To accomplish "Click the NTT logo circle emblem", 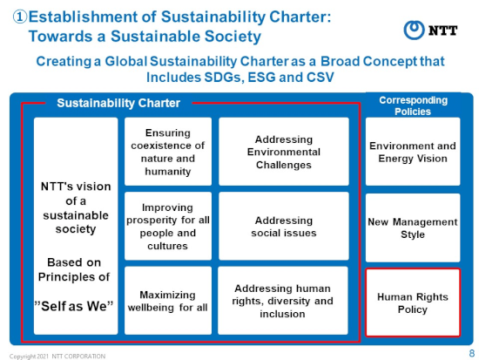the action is coord(414,30).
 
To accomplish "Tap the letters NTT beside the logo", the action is coord(442,31).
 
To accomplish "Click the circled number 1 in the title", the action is coord(20,17).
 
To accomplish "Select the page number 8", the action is coord(472,353).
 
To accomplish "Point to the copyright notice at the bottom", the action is coord(57,357).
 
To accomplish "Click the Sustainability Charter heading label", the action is coord(118,103).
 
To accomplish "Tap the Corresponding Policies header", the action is coord(413,105).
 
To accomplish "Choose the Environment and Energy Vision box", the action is coord(413,152).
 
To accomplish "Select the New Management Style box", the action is coord(413,228).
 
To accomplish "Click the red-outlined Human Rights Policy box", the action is coord(413,302).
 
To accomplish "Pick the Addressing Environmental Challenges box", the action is coord(284,152).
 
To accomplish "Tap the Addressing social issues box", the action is coord(284,227).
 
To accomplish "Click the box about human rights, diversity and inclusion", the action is coord(282,301).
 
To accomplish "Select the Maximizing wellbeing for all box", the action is coord(168,301).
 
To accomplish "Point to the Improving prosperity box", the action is coord(168,227).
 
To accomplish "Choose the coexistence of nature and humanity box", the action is coord(168,152).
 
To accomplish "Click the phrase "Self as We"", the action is coord(74,306).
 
